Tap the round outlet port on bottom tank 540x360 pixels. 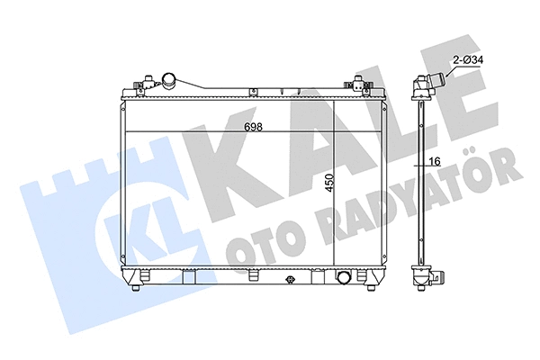(x=344, y=276)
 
